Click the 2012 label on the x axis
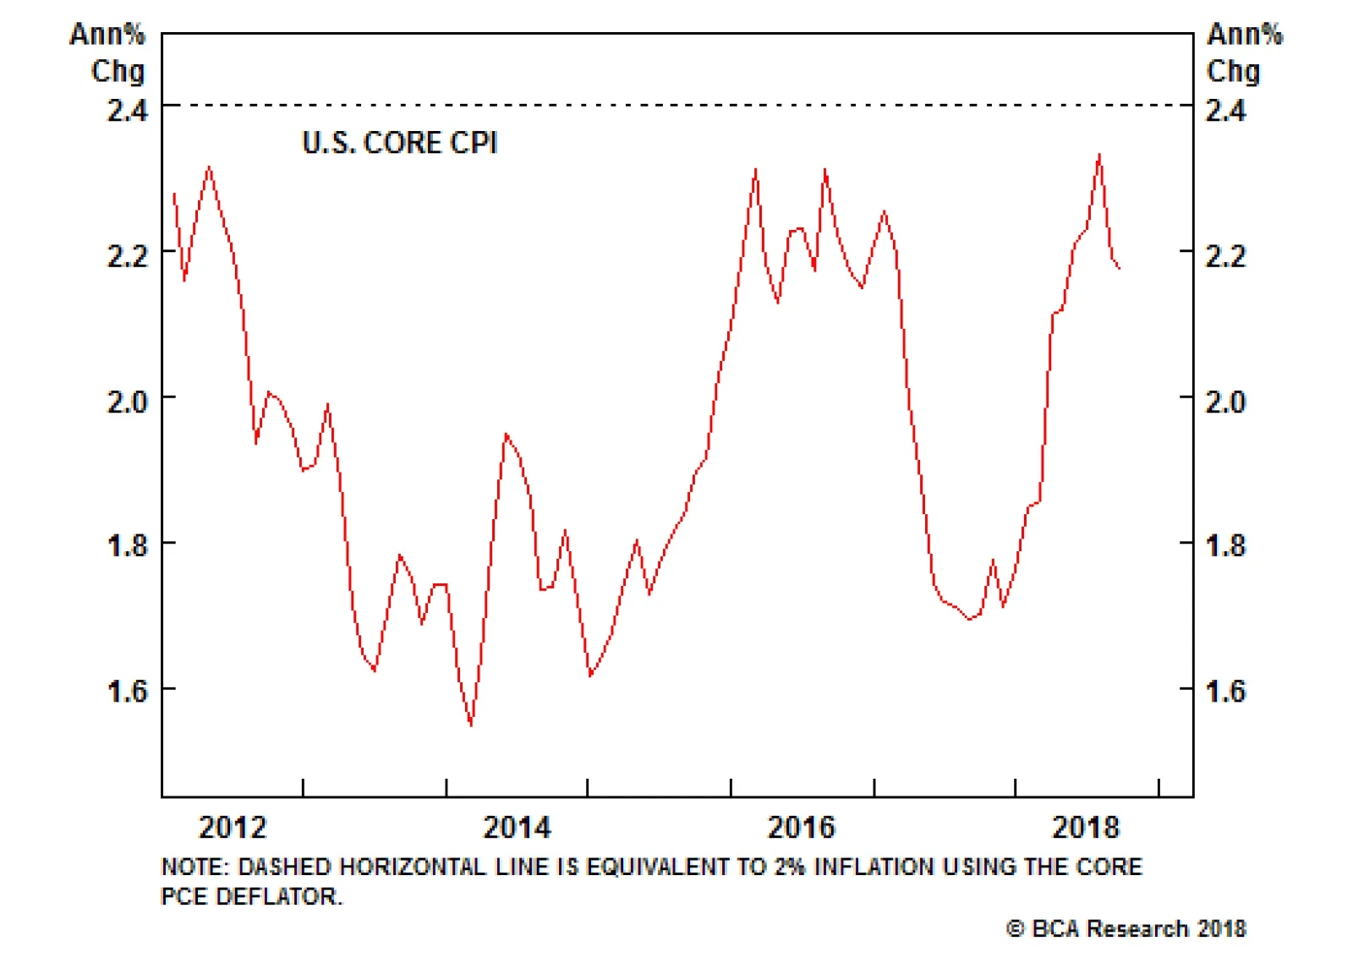(233, 827)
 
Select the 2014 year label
(517, 827)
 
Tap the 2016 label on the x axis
(801, 827)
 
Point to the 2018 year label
(1086, 827)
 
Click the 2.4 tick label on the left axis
(127, 110)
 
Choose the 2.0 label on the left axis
(127, 401)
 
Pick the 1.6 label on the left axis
(127, 692)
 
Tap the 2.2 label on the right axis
(1225, 255)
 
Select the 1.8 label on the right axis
(1225, 546)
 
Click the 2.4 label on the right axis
(1225, 110)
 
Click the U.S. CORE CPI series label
(399, 143)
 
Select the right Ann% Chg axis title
(1243, 52)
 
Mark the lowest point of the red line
(471, 725)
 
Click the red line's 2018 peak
(1099, 155)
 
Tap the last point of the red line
(1120, 268)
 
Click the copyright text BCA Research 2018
(1126, 928)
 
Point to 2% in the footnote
(788, 867)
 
